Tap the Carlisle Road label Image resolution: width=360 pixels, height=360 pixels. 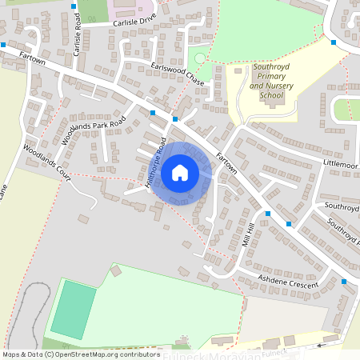[78, 38]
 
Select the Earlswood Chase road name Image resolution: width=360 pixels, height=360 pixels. [177, 73]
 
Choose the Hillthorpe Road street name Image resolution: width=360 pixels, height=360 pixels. [155, 163]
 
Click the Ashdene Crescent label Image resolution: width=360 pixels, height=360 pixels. [288, 280]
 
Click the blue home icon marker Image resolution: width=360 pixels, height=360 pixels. [180, 172]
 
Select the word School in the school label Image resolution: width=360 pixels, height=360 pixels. [272, 95]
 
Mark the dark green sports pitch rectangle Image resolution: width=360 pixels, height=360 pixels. [72, 310]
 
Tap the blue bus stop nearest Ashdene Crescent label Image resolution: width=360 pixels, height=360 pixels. [344, 282]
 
